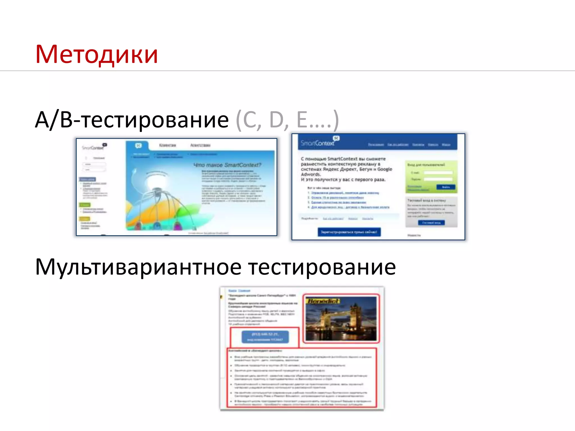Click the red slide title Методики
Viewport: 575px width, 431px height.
tap(97, 54)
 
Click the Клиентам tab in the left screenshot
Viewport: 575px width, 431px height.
tap(167, 145)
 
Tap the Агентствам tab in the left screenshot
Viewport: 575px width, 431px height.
tap(200, 145)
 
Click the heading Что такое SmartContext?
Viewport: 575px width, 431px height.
tap(227, 165)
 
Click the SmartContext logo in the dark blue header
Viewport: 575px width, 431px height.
tap(318, 143)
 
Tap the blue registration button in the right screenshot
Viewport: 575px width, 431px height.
tap(349, 232)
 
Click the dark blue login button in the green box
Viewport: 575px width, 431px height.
tap(446, 187)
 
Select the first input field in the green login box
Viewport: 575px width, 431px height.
tap(438, 173)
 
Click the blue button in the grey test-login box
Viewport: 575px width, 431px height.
tap(431, 223)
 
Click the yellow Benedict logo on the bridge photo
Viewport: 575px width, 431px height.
tap(323, 301)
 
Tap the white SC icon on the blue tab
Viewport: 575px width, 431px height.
tap(138, 145)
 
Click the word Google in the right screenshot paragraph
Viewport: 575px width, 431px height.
tap(385, 169)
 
